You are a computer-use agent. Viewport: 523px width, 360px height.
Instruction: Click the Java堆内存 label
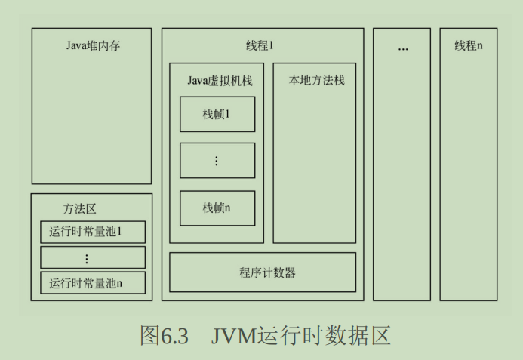(x=93, y=46)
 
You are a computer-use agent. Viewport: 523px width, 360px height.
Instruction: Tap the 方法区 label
(x=80, y=208)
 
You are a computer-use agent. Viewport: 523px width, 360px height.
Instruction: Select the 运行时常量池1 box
(x=92, y=232)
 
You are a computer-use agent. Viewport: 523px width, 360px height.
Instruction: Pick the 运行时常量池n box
(x=92, y=283)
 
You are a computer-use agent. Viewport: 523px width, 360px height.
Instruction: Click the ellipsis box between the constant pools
(x=92, y=257)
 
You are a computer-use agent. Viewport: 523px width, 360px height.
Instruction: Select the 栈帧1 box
(x=217, y=114)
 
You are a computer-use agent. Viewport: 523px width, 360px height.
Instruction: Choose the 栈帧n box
(x=217, y=208)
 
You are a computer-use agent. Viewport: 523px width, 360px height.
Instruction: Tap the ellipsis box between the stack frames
(x=217, y=161)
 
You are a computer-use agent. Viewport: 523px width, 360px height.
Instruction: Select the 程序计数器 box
(x=262, y=272)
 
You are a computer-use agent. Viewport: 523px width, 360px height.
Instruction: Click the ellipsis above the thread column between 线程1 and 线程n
(x=402, y=48)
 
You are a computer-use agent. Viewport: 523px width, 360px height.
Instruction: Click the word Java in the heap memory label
(x=76, y=46)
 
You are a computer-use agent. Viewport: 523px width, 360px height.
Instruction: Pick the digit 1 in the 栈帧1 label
(x=227, y=114)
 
